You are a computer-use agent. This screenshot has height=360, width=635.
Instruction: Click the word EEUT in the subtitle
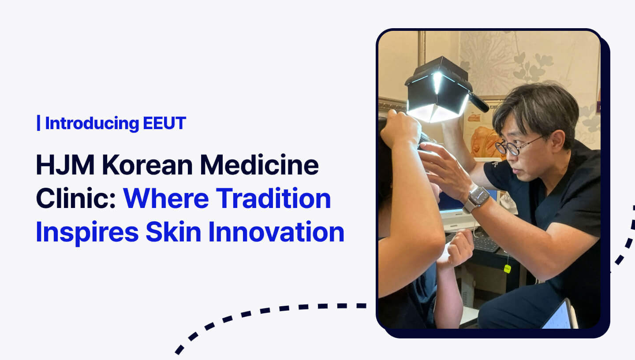click(164, 124)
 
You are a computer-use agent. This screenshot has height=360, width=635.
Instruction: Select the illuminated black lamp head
click(436, 90)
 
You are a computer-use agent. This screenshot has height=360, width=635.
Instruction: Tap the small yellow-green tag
click(507, 269)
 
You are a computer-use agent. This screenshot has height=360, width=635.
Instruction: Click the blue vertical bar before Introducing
click(39, 124)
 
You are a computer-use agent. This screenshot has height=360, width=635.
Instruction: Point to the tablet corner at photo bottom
click(559, 315)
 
